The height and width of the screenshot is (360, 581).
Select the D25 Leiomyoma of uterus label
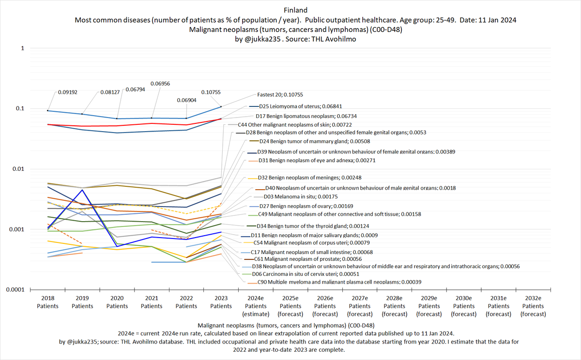pyautogui.click(x=301, y=106)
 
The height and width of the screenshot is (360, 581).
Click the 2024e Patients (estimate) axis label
pyautogui.click(x=256, y=306)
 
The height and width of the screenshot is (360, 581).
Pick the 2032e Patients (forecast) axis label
pyautogui.click(x=533, y=306)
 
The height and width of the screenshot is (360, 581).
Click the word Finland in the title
pyautogui.click(x=290, y=10)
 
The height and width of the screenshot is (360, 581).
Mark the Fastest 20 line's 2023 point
pyautogui.click(x=221, y=106)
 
